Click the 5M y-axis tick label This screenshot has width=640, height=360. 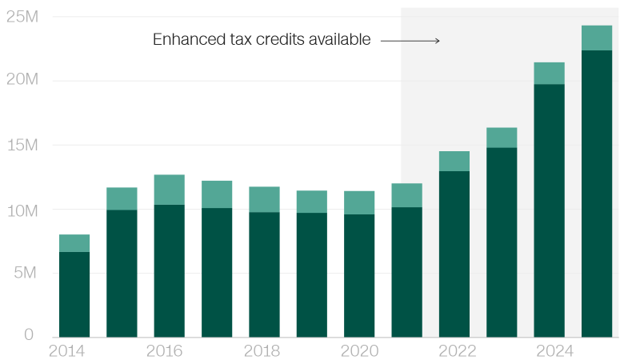click(26, 274)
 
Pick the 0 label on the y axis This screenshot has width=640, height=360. click(29, 334)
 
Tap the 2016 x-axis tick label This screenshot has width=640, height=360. click(164, 350)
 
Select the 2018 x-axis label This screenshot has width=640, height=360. click(262, 350)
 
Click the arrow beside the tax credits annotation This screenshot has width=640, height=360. click(410, 40)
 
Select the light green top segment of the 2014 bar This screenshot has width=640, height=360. click(74, 243)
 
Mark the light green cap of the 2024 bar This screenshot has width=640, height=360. click(549, 73)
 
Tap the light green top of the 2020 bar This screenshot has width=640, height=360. click(359, 202)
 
